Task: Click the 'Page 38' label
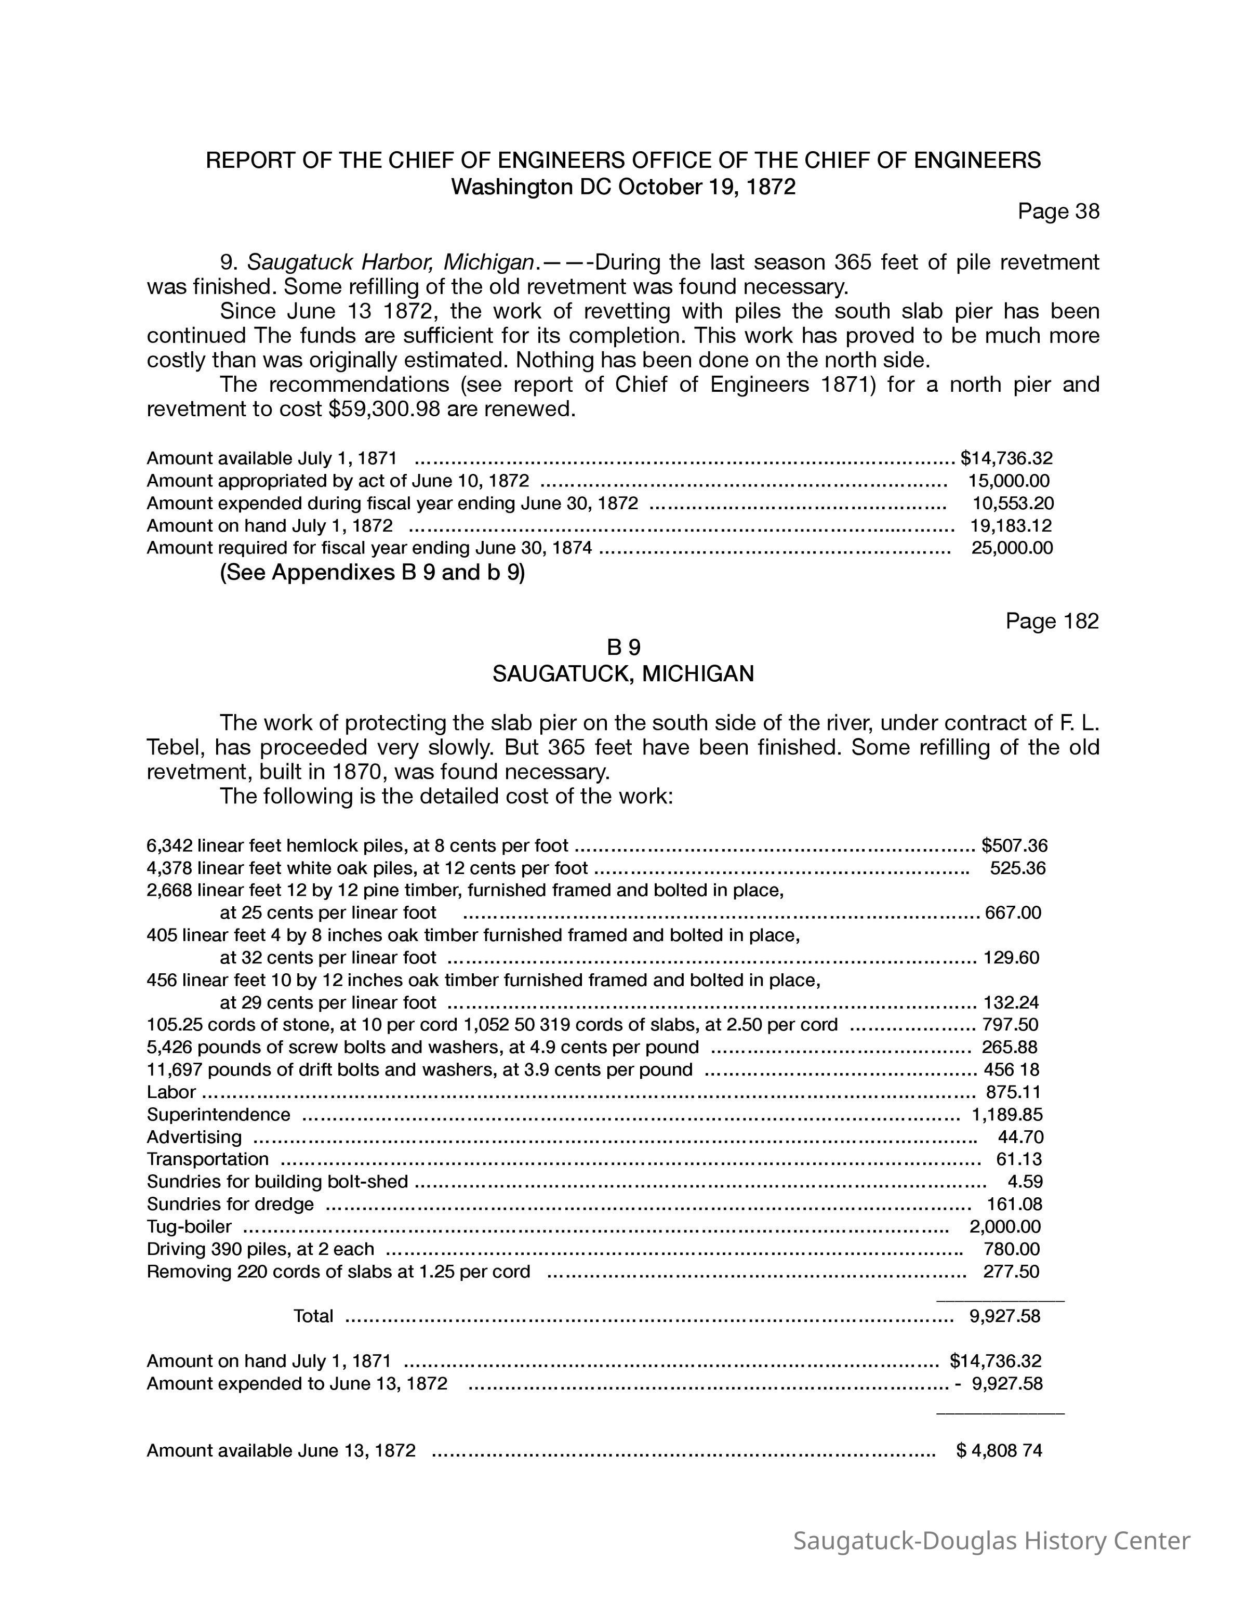tap(1058, 211)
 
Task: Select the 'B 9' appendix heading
tap(623, 647)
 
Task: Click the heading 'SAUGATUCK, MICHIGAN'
tap(623, 674)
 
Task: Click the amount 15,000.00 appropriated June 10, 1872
tap(1009, 481)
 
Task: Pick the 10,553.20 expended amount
tap(1013, 503)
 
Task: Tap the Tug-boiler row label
tap(189, 1227)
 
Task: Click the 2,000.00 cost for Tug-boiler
tap(1005, 1227)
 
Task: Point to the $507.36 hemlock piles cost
tap(1014, 845)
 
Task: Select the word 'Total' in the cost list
tap(313, 1315)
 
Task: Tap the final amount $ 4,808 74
tap(999, 1450)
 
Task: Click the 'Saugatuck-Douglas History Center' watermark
tap(991, 1541)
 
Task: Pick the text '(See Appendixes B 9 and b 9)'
tap(373, 573)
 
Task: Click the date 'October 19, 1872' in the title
tap(706, 187)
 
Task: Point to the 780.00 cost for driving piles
tap(1011, 1249)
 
